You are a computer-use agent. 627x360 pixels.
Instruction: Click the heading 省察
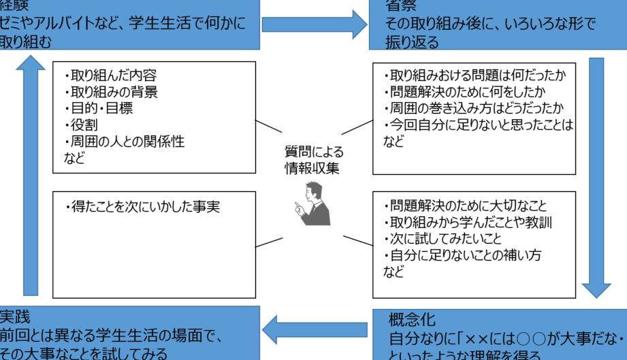point(401,7)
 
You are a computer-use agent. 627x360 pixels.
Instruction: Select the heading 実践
point(16,317)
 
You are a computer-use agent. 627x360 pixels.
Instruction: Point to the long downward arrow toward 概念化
point(596,177)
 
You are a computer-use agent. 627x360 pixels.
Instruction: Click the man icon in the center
point(313,204)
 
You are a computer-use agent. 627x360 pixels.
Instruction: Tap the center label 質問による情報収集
point(314,159)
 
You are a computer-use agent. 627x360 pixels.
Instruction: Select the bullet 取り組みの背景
point(113,92)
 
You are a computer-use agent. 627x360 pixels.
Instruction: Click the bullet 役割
point(81,125)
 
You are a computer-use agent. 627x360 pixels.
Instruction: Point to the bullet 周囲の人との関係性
point(126,142)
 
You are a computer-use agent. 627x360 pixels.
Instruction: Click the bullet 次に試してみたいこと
point(446,239)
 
